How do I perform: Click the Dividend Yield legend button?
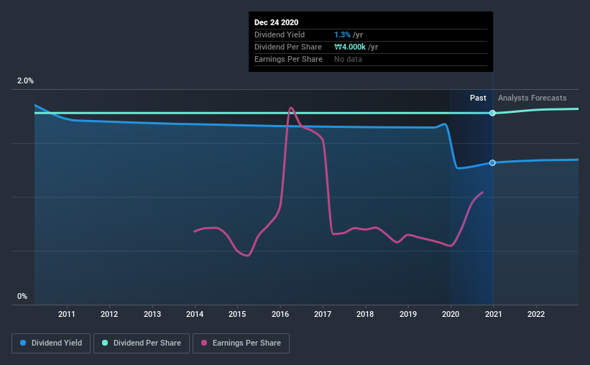tap(51, 343)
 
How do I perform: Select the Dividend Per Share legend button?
tap(145, 343)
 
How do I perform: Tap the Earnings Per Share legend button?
tap(241, 343)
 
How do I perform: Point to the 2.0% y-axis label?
tap(26, 81)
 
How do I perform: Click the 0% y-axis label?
tap(22, 296)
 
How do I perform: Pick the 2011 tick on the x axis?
tap(67, 314)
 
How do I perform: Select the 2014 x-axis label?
tap(195, 314)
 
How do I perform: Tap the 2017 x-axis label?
tap(323, 314)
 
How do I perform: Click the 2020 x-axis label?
tap(451, 314)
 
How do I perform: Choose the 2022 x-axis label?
tap(536, 314)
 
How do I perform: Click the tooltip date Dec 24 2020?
tap(276, 22)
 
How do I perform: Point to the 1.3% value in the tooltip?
tap(342, 34)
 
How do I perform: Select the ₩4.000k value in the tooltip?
tap(351, 47)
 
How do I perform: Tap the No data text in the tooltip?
tap(349, 59)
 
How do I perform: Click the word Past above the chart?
tap(478, 98)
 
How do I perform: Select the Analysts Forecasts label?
tap(532, 98)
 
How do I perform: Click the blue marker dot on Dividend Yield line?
tap(492, 163)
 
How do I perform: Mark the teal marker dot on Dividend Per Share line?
tap(492, 113)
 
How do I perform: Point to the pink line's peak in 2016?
tap(290, 108)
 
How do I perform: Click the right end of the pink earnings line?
tap(482, 192)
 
